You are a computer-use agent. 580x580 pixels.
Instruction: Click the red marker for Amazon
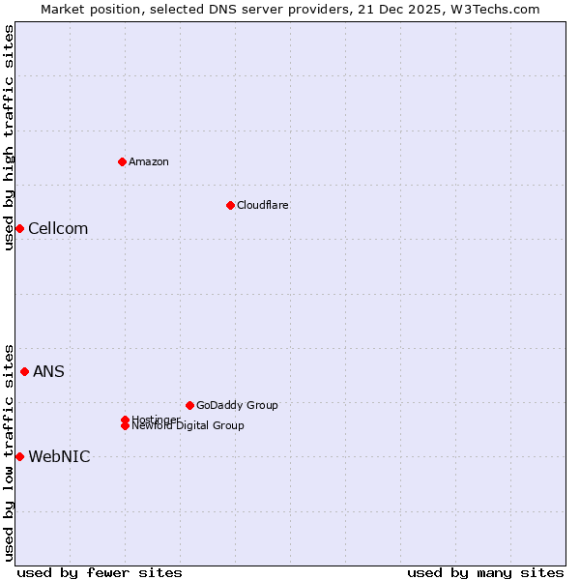point(122,161)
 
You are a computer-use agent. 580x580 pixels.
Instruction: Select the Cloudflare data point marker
point(230,205)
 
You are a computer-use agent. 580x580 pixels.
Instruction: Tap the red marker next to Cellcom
point(19,228)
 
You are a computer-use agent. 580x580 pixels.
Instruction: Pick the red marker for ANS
point(24,371)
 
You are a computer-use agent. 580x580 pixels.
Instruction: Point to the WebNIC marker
point(19,456)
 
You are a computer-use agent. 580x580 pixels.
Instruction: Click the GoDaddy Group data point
point(189,405)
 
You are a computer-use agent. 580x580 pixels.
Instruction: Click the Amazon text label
point(149,161)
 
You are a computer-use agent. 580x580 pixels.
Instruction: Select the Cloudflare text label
point(263,205)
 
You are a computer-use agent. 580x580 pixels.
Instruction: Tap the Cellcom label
point(58,228)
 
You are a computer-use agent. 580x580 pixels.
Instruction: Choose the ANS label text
point(48,371)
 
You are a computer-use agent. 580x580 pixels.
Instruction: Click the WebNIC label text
point(59,456)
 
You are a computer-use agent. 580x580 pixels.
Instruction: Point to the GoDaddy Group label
point(237,405)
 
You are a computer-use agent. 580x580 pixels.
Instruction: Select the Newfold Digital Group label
point(188,425)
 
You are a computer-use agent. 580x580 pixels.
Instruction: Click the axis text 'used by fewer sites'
point(100,572)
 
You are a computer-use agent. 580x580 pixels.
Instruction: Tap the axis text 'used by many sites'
point(485,572)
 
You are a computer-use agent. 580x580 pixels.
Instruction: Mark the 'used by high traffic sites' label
point(9,137)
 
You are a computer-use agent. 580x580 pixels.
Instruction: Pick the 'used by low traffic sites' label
point(9,452)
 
